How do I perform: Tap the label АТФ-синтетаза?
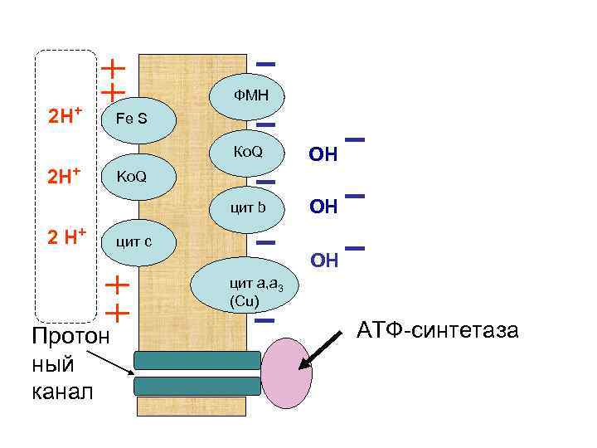[x=439, y=331]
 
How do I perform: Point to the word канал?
[x=63, y=390]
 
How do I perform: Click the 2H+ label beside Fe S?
[x=67, y=114]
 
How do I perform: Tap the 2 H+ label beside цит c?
[x=67, y=236]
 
